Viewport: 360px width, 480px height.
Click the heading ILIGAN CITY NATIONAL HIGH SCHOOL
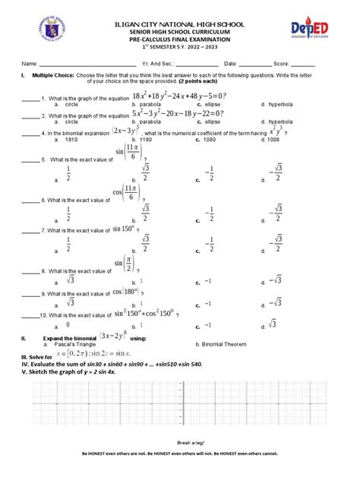(179, 24)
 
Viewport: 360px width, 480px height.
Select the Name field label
(29, 64)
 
